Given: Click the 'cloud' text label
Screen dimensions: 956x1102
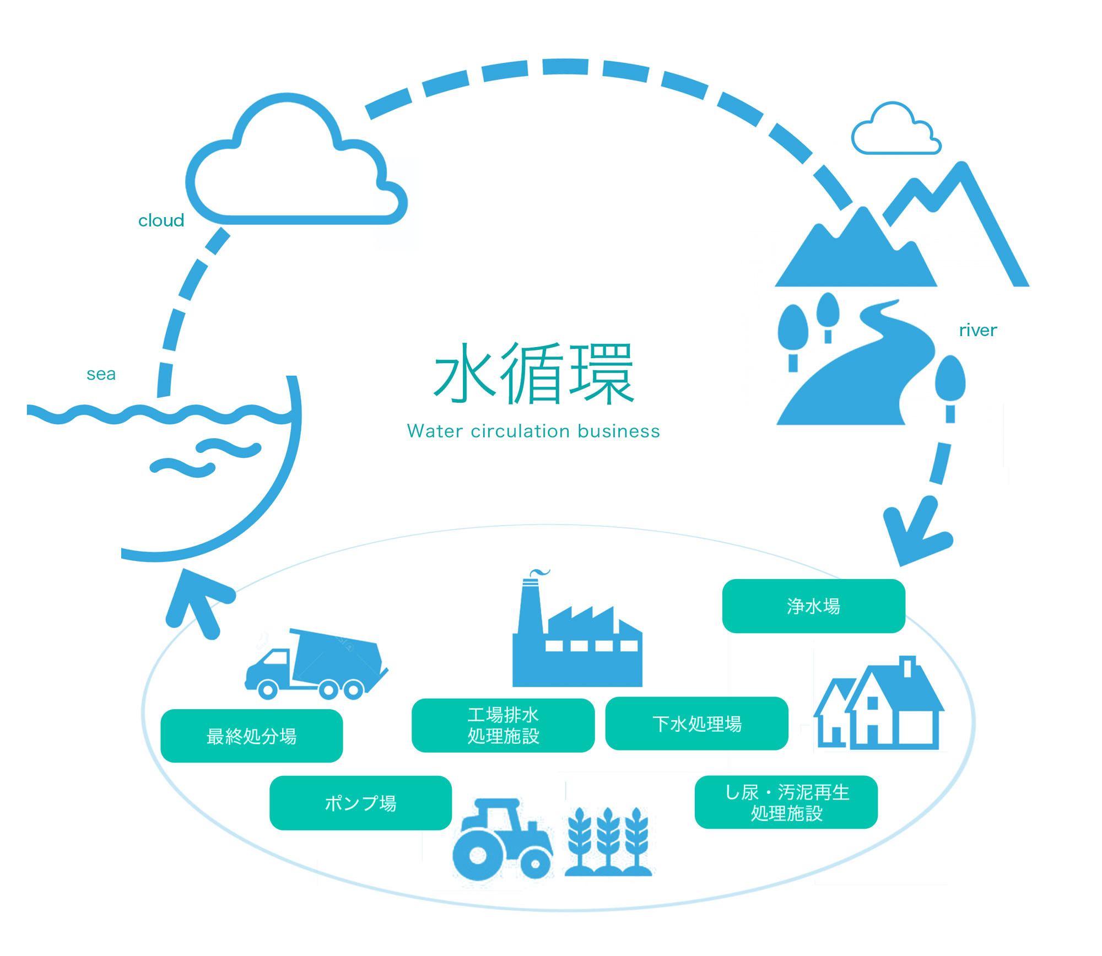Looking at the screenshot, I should coord(161,220).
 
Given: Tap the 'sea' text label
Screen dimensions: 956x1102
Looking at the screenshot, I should coord(101,374).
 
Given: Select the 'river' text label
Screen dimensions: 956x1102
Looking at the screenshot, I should coord(977,330).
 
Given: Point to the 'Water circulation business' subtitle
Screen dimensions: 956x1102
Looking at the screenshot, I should coord(533,431).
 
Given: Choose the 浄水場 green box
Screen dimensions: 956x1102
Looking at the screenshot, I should coord(813,606).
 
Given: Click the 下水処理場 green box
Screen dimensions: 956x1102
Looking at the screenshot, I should coord(696,723).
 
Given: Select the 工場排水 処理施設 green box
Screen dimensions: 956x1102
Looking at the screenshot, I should coord(503,725).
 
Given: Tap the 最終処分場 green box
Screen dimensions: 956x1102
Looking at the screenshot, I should coord(251,736).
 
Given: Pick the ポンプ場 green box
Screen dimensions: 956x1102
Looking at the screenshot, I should coord(360,803).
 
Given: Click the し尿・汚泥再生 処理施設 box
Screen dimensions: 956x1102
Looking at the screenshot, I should coord(786,802).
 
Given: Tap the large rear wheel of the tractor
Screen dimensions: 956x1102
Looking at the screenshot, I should coord(477,855).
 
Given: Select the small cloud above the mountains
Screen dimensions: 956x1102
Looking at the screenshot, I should coord(895,130).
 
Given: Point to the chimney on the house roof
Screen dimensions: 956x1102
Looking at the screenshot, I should coord(907,666).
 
